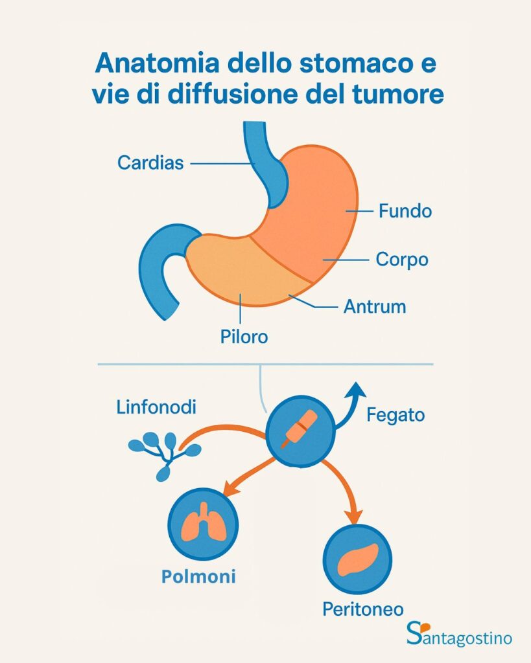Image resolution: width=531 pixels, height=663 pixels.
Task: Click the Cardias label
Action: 150,162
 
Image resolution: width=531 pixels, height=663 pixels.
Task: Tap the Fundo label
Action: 405,212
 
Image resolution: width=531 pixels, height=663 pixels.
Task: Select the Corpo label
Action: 402,260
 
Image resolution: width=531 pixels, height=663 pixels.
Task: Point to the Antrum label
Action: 375,306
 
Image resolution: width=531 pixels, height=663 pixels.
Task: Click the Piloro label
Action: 243,337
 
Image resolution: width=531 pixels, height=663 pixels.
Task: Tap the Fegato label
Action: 395,414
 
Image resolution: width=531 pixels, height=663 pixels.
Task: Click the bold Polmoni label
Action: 198,576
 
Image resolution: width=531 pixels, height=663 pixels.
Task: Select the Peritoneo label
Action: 363,609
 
